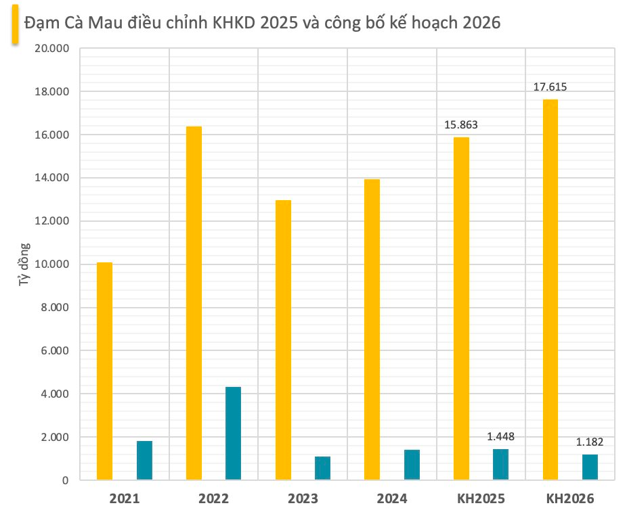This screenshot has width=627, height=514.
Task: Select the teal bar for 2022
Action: [x=233, y=434]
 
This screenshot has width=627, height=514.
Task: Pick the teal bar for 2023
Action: [x=322, y=468]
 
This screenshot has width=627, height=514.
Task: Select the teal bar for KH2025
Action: [x=500, y=465]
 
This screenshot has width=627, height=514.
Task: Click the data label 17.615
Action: [x=550, y=87]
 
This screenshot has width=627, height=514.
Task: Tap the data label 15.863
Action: [x=461, y=124]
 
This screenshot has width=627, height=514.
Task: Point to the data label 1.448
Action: [x=500, y=436]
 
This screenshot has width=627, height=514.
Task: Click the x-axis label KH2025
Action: [x=481, y=499]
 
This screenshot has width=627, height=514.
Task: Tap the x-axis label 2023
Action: [x=303, y=499]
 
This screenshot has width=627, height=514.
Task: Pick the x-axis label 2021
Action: [x=125, y=499]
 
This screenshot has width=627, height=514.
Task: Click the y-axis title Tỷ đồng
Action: [x=24, y=264]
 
